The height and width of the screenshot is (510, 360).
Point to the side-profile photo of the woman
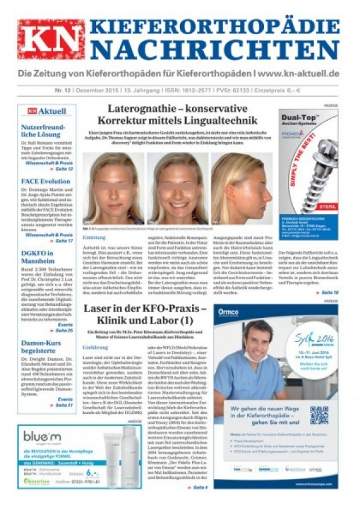pos(242,188)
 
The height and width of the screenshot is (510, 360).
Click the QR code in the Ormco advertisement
pos(319,415)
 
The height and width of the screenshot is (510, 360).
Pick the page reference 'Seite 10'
pos(330,293)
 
